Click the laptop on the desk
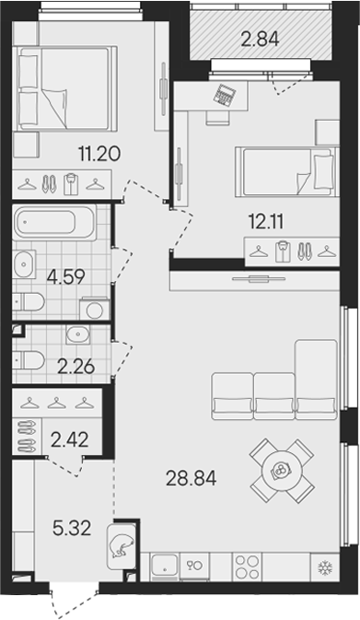pos(226,92)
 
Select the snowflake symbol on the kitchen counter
pos(323,567)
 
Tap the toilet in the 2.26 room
pos(30,358)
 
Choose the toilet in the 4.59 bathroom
pos(30,301)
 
